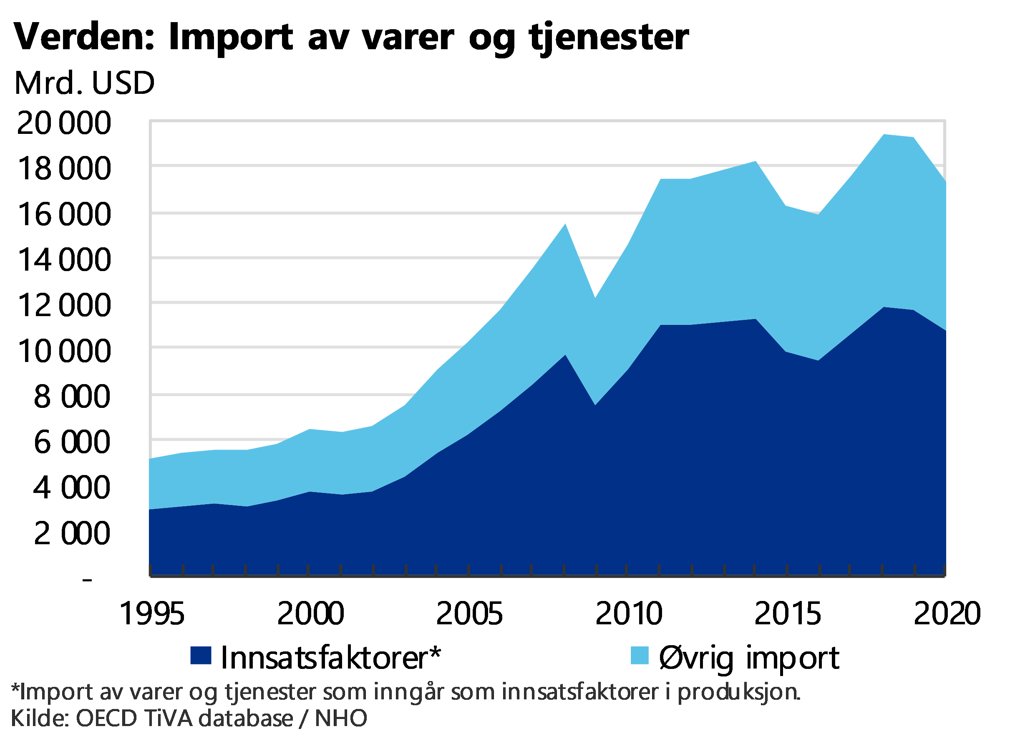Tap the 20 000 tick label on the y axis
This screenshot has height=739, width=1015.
tap(63, 123)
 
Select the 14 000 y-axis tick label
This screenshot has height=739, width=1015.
tap(63, 259)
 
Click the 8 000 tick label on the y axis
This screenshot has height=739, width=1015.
tap(72, 396)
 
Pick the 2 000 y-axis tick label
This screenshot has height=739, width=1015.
tap(72, 533)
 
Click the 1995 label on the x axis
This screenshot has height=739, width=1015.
tap(153, 613)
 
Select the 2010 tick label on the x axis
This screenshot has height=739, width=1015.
tap(628, 613)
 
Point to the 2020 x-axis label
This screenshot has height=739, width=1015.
tap(946, 613)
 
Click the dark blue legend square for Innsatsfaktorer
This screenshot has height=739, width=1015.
tap(201, 655)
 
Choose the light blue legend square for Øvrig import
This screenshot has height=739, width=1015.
tap(640, 655)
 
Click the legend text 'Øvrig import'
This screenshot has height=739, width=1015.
tap(749, 658)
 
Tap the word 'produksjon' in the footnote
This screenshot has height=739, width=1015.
tap(738, 691)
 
